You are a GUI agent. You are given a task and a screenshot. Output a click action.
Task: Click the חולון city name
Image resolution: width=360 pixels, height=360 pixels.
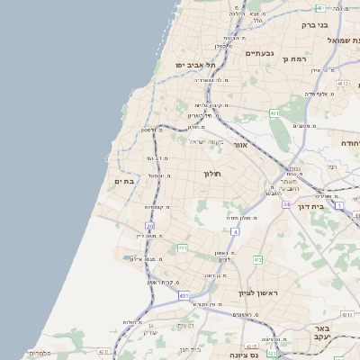[212, 173]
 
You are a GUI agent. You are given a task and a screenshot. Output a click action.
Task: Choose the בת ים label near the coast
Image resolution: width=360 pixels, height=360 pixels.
[124, 182]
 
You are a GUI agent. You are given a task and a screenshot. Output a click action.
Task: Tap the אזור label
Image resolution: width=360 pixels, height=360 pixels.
[239, 144]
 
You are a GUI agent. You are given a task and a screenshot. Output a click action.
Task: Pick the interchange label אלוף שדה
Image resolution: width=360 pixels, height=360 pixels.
[316, 93]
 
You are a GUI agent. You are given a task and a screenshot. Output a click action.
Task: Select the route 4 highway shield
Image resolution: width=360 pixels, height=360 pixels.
[234, 232]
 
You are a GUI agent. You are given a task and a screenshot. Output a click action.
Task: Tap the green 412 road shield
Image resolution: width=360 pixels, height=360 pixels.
[257, 260]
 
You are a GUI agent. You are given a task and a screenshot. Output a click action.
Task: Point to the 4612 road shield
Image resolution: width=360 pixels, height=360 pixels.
[342, 83]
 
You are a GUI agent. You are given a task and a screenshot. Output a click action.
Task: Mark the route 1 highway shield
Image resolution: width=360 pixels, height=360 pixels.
[338, 206]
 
